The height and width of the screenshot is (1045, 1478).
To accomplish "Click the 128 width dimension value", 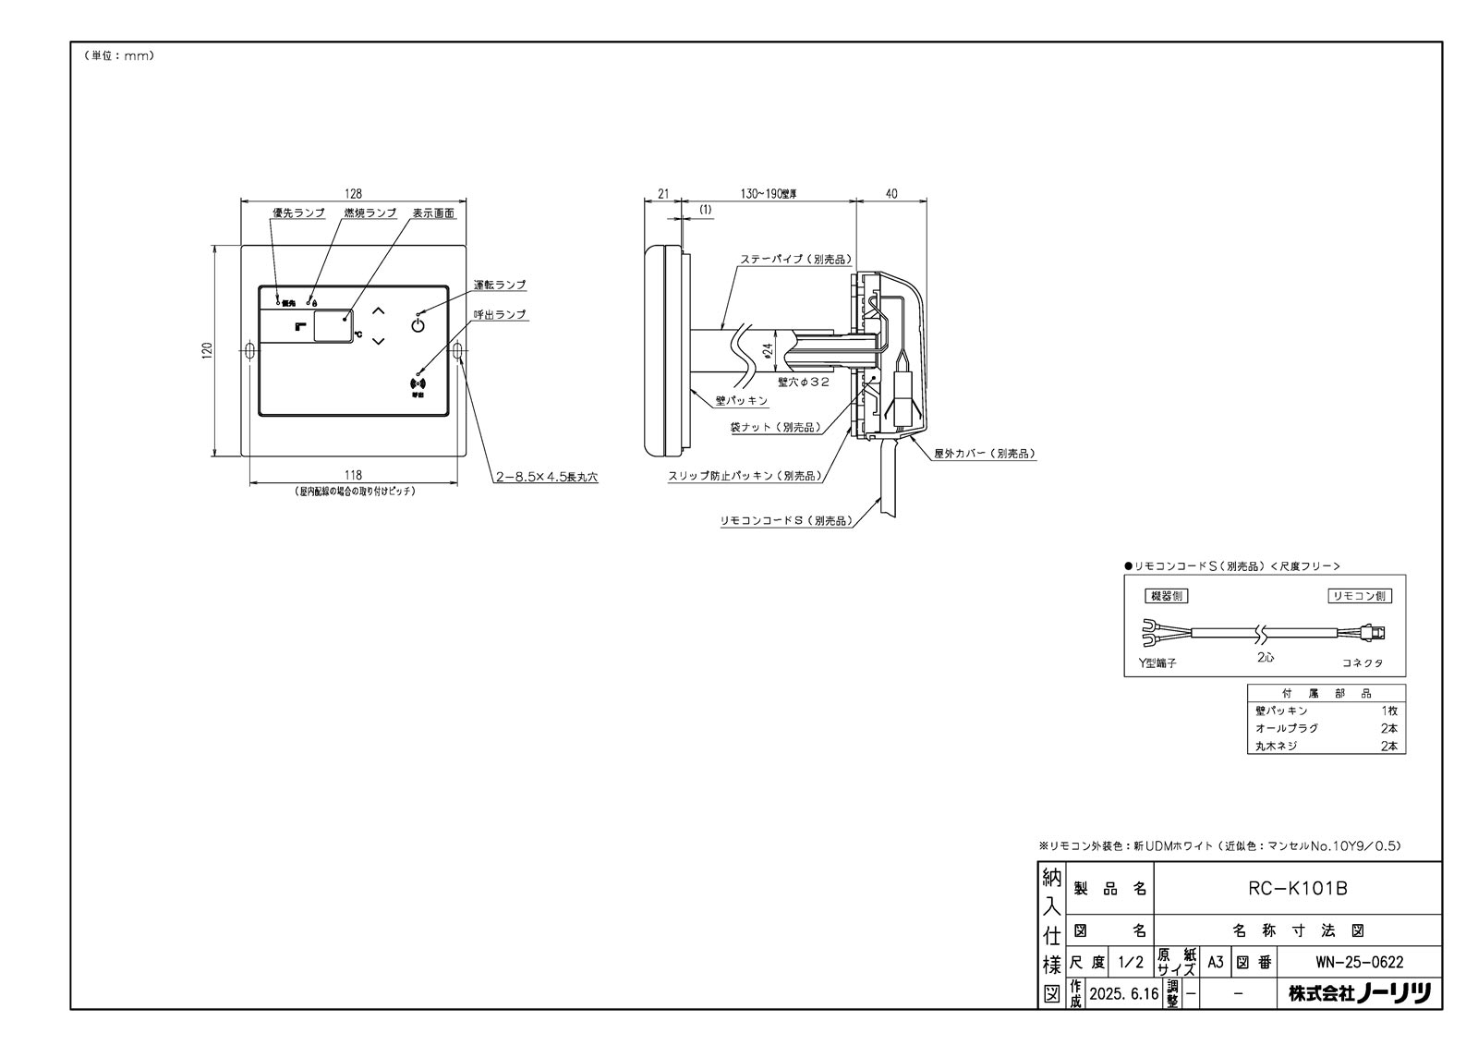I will [353, 194].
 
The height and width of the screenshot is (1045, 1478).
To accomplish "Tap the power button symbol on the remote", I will [418, 324].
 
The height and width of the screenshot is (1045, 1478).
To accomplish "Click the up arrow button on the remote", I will [377, 311].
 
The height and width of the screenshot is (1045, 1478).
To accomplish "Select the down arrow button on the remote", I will [377, 341].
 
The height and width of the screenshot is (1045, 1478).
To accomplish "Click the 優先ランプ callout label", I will [298, 213].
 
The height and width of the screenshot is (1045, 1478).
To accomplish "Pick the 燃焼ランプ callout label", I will [369, 213].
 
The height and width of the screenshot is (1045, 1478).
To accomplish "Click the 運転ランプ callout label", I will [500, 286].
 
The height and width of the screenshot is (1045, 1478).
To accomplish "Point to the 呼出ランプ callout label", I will [500, 315].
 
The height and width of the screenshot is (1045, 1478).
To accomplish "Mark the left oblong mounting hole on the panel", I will [250, 350].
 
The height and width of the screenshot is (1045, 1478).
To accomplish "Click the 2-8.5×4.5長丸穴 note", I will [547, 478].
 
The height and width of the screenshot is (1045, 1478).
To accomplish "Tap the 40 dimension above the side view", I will [890, 194].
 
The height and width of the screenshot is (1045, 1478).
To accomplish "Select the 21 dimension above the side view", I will [662, 194].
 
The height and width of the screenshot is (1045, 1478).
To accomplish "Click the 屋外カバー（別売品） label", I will [985, 455].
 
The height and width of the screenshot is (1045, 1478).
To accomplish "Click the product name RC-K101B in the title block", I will [1297, 889].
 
